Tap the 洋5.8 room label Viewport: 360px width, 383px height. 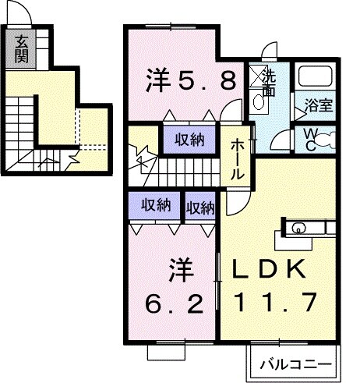(x=190, y=80)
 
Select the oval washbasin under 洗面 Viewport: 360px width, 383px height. (x=258, y=101)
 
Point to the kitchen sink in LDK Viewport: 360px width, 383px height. (x=299, y=229)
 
